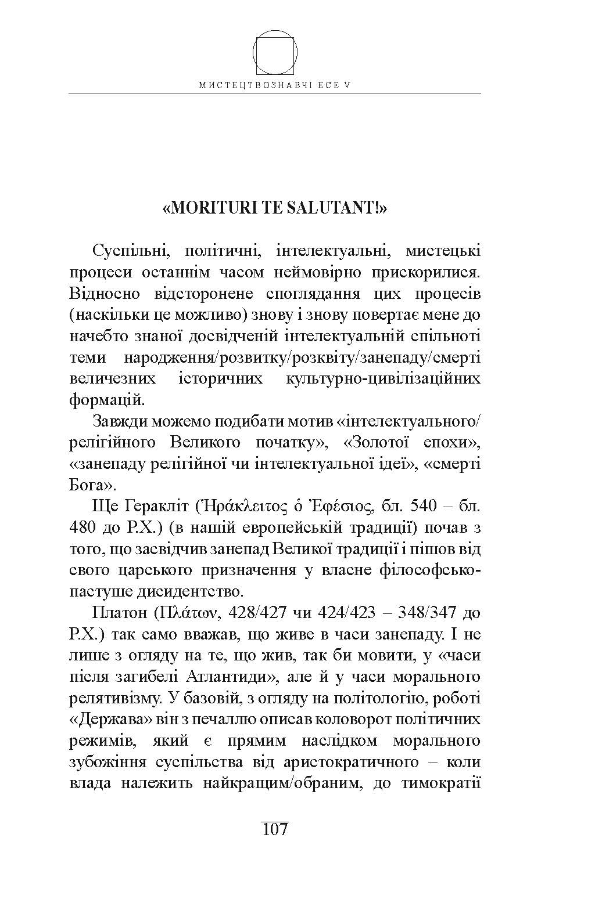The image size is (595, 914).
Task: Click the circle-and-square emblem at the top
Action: [x=275, y=53]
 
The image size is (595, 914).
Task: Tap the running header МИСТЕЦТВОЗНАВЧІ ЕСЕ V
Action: [x=275, y=85]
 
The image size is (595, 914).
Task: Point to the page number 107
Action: [x=275, y=829]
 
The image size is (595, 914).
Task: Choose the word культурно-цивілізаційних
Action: [x=383, y=378]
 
